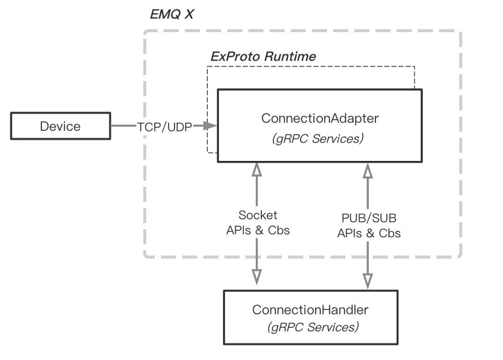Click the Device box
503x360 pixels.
pyautogui.click(x=60, y=127)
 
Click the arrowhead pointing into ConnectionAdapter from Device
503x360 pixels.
pyautogui.click(x=211, y=126)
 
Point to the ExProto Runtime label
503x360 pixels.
pyautogui.click(x=263, y=56)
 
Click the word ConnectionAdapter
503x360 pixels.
pyautogui.click(x=319, y=118)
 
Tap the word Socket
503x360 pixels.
pyautogui.click(x=258, y=215)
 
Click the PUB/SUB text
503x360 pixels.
pyautogui.click(x=369, y=219)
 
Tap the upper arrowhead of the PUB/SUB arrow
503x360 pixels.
pyautogui.click(x=368, y=171)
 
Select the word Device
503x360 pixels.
pyautogui.click(x=60, y=127)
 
